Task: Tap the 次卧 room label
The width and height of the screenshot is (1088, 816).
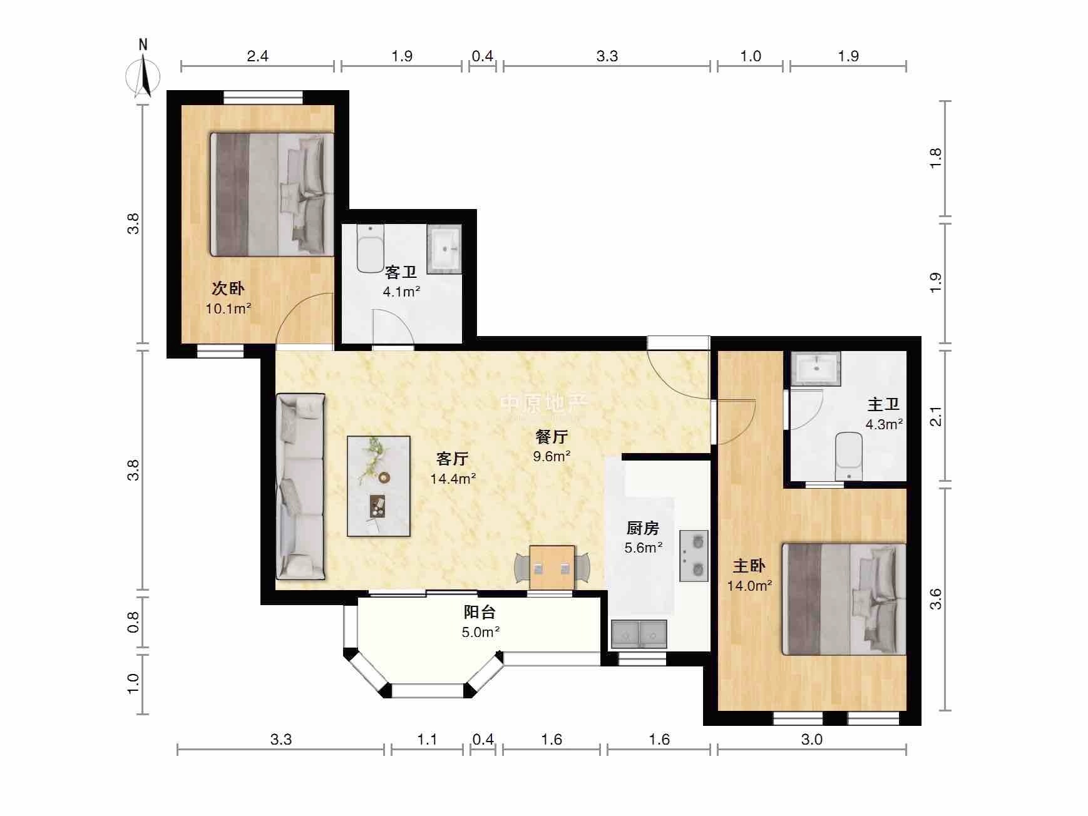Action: point(228,288)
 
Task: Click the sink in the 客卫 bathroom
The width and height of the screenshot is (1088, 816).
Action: point(444,249)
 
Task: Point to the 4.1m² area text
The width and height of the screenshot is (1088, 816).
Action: point(401,292)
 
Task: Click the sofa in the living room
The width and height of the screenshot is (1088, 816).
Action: point(300,486)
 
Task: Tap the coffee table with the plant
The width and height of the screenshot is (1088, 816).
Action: point(379,486)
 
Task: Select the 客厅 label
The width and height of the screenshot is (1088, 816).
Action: point(452,459)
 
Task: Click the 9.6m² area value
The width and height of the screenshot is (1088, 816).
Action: point(552,456)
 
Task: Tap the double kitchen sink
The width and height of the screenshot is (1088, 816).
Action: point(639,635)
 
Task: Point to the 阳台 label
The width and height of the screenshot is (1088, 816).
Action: point(480,611)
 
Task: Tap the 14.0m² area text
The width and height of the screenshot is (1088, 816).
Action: point(749,586)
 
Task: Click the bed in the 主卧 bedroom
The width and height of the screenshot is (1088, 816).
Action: point(844,599)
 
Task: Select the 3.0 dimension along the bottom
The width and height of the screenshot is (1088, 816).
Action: point(811,740)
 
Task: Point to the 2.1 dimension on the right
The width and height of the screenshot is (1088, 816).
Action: point(935,416)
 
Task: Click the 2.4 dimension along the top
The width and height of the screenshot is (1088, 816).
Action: point(257,56)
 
